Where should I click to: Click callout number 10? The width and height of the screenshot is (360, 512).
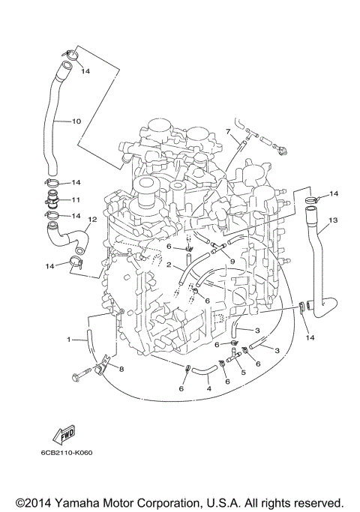click(x=76, y=120)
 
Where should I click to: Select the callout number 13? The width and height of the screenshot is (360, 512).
click(x=334, y=220)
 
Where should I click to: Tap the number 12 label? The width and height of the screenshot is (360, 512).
click(x=92, y=220)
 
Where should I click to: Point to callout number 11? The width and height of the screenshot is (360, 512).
click(x=76, y=200)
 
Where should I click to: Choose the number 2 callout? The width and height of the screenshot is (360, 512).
click(x=169, y=265)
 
